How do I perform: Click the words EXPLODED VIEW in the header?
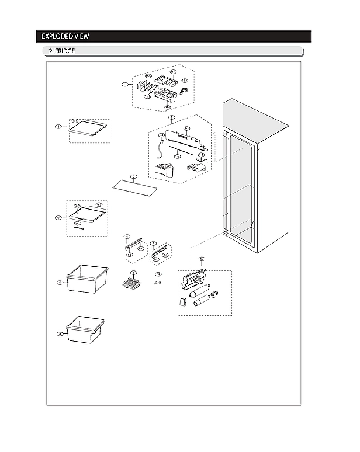[65, 37]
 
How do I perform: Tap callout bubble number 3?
[134, 176]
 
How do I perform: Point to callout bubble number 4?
[60, 283]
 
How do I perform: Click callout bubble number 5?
[60, 334]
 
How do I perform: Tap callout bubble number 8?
[57, 126]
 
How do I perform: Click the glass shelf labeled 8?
[89, 131]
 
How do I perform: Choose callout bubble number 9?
[58, 218]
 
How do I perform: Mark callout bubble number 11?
[124, 85]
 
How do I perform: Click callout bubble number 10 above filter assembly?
[202, 258]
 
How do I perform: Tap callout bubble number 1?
[171, 117]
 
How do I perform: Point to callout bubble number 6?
[127, 237]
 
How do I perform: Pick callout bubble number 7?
[153, 244]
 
